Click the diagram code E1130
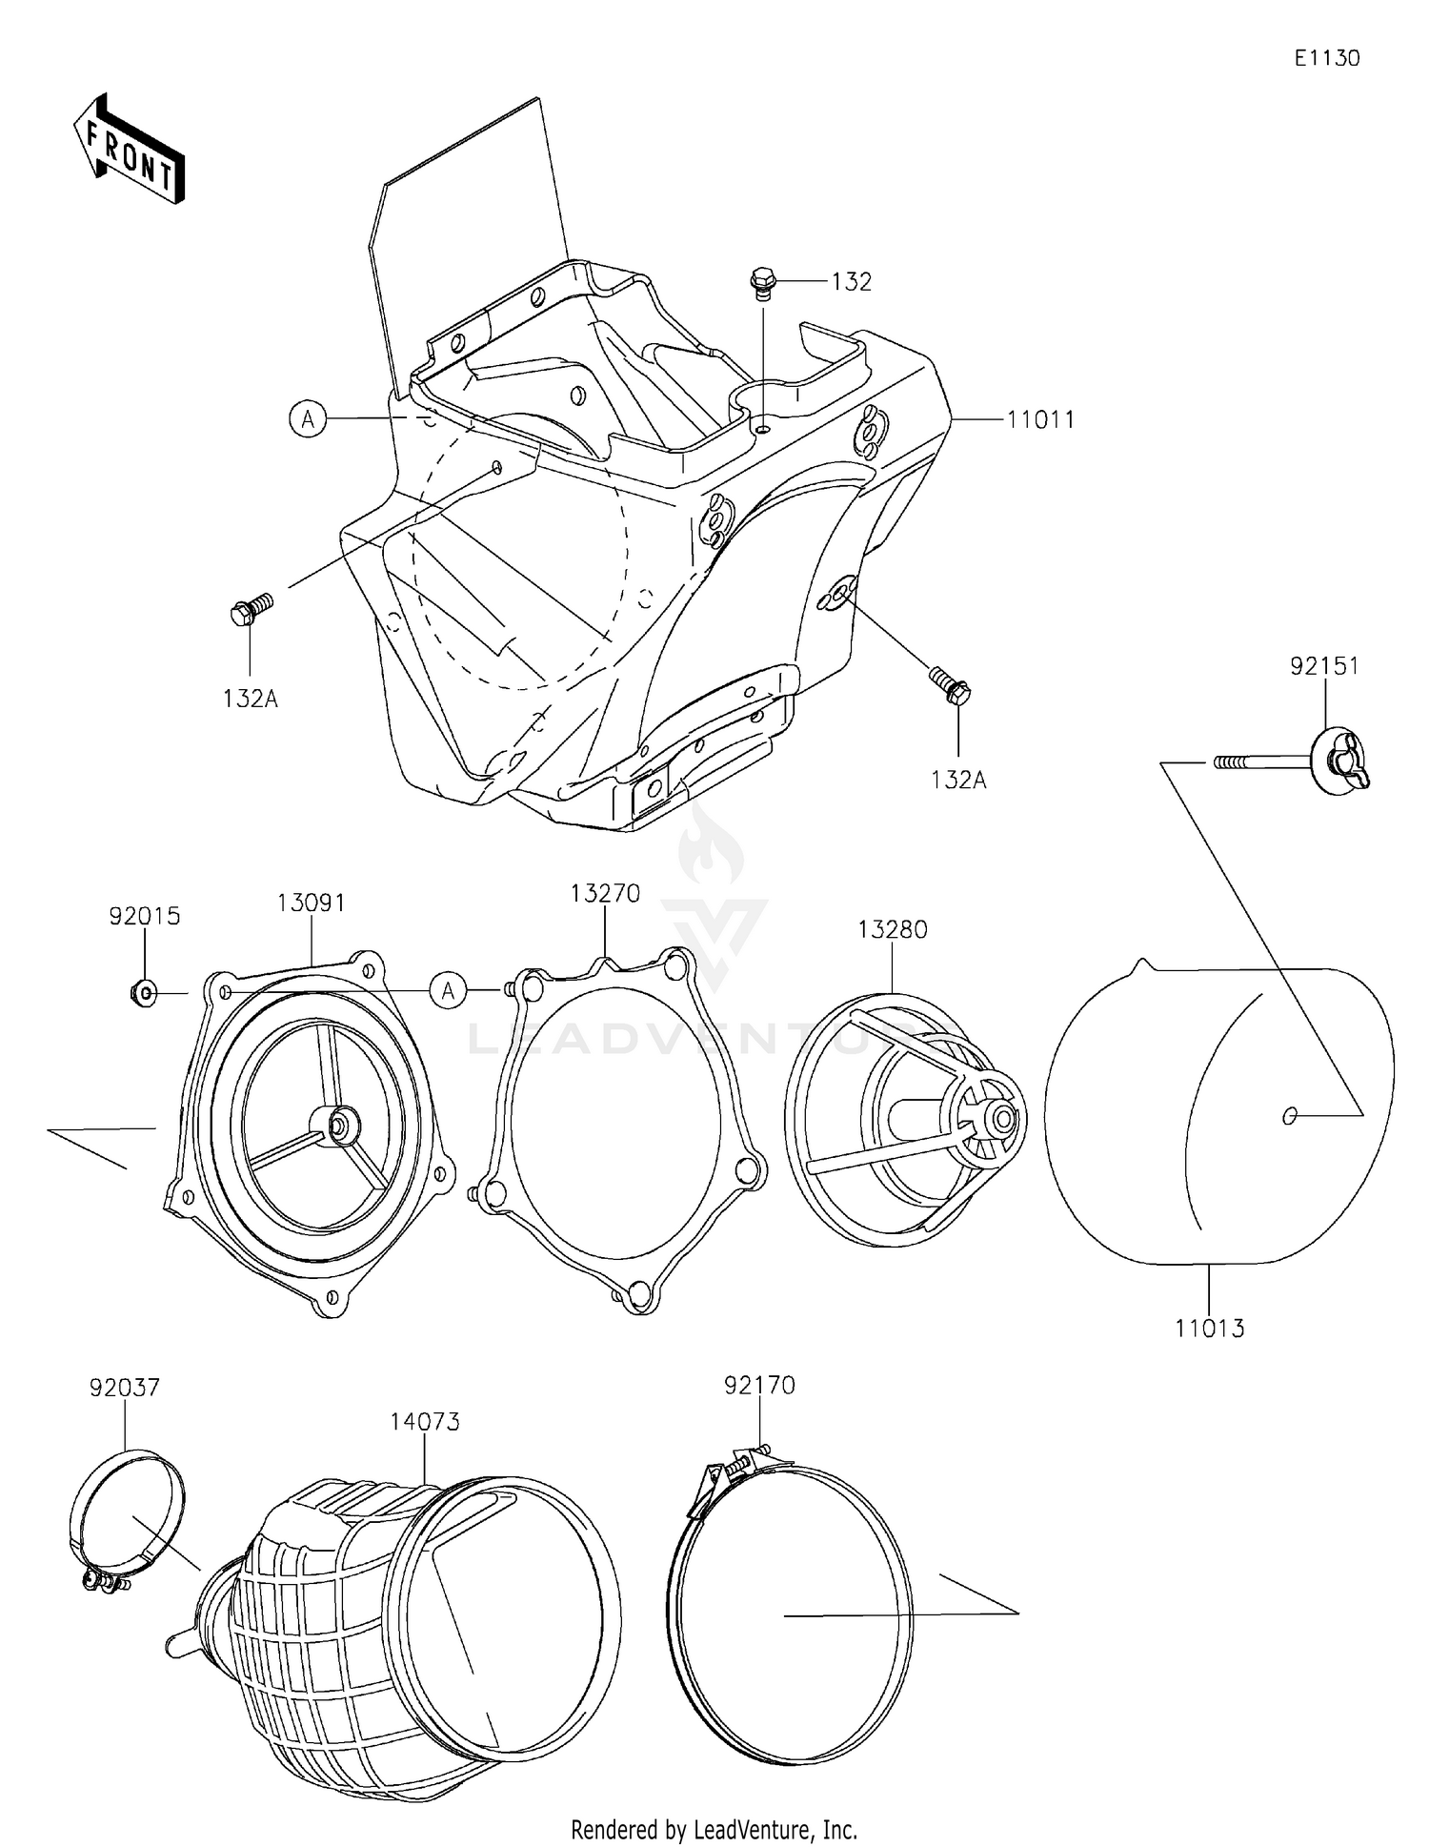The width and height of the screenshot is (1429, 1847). [x=1326, y=58]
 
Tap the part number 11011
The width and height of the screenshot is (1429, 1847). [x=1041, y=420]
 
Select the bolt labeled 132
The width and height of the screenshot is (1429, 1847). [x=762, y=282]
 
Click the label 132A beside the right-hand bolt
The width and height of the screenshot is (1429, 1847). [x=958, y=780]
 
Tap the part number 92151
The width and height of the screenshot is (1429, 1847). [x=1324, y=666]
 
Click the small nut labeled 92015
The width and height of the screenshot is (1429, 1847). [x=143, y=994]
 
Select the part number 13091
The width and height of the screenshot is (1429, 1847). [x=312, y=903]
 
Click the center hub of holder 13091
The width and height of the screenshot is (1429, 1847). [x=338, y=1123]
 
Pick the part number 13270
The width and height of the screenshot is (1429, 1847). [x=606, y=894]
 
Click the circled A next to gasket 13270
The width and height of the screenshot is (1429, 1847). [x=448, y=991]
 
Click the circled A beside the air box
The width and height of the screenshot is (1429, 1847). [x=308, y=418]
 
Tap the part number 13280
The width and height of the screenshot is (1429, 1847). [x=893, y=929]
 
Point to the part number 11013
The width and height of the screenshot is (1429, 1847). [x=1209, y=1328]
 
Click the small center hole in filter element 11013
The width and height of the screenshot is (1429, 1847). [x=1289, y=1115]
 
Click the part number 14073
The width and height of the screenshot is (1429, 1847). [x=425, y=1421]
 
